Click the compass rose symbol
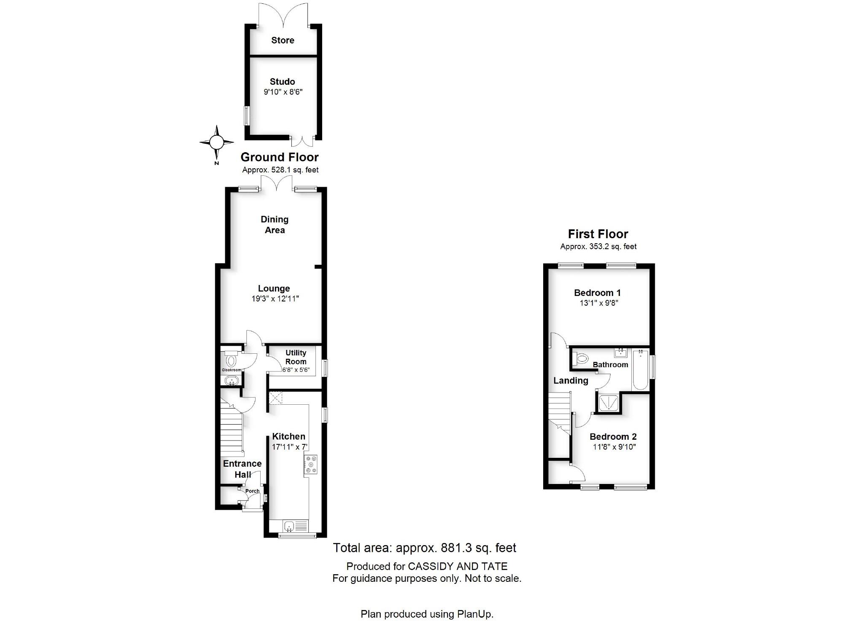217,142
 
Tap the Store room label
283,40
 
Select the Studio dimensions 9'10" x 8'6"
283,92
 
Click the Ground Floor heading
279,157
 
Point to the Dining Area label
275,225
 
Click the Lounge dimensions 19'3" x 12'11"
275,299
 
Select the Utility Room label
296,357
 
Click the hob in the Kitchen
311,464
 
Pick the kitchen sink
289,526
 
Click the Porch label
252,491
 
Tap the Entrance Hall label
242,469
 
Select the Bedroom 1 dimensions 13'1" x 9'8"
599,303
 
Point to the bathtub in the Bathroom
641,370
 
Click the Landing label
571,381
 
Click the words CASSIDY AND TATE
458,566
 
